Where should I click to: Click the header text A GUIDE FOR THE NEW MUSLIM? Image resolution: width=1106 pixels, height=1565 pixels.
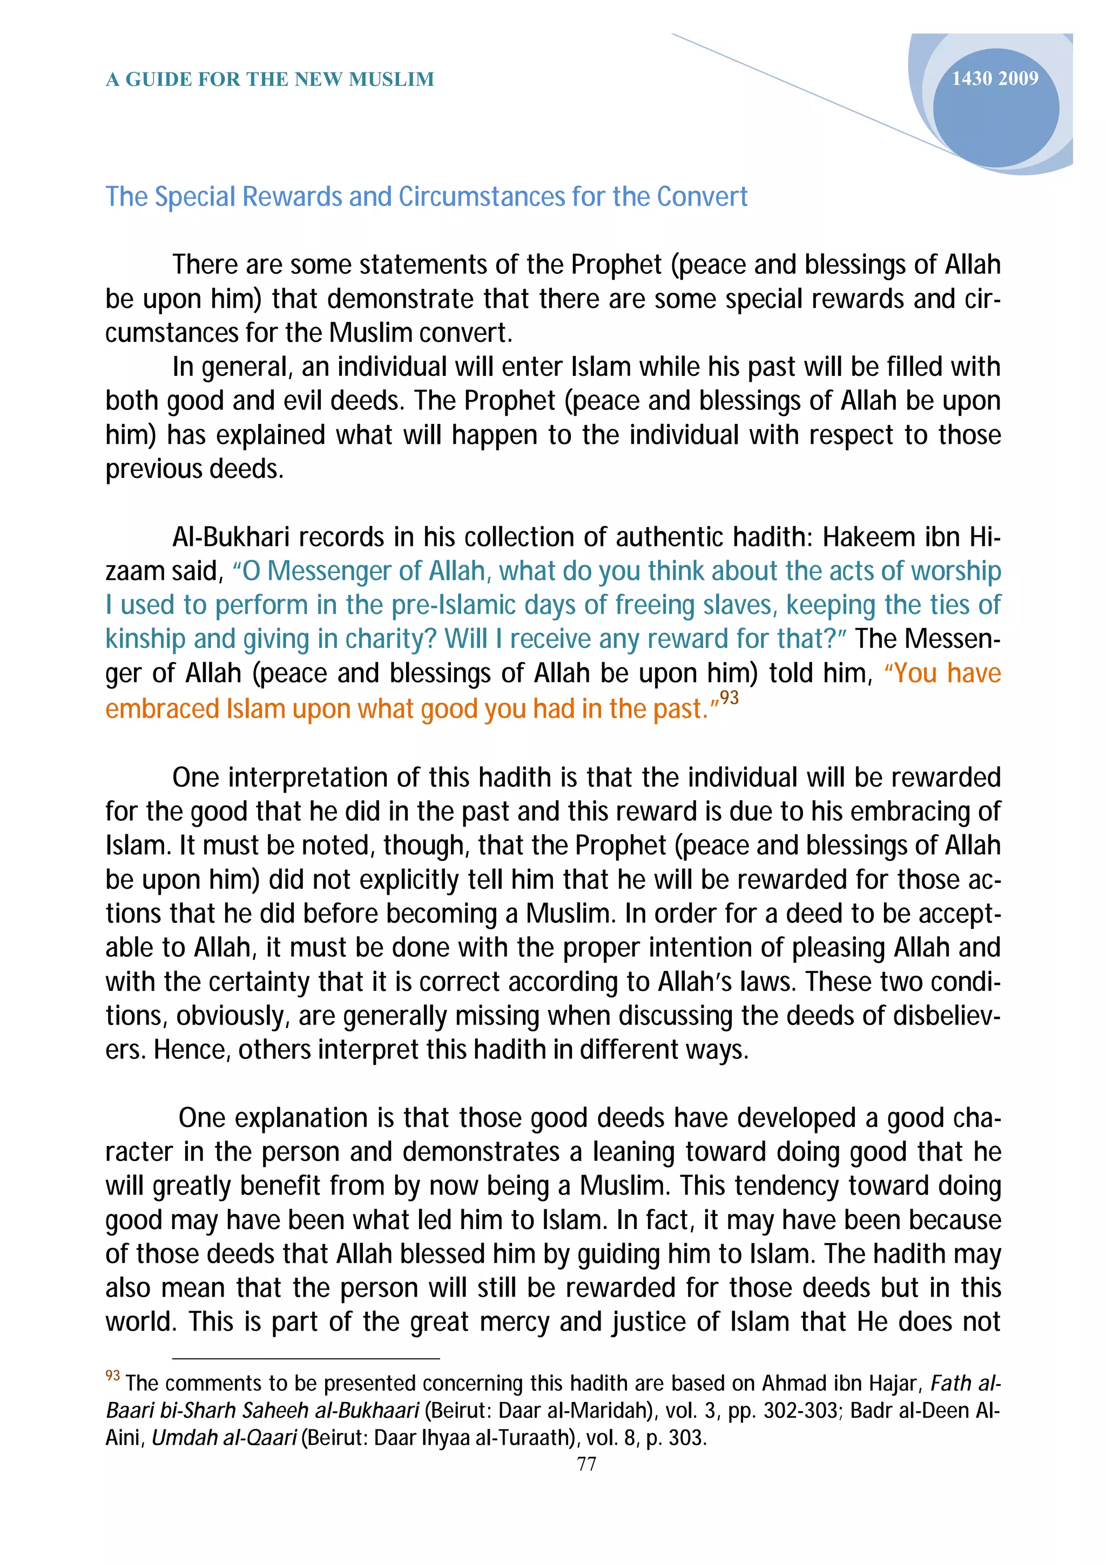tap(270, 80)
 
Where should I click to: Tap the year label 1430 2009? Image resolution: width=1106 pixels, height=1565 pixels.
tap(994, 79)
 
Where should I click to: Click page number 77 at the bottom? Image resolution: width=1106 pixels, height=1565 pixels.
tap(586, 1463)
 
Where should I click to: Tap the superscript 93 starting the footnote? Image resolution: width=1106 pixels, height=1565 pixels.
tap(112, 1375)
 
